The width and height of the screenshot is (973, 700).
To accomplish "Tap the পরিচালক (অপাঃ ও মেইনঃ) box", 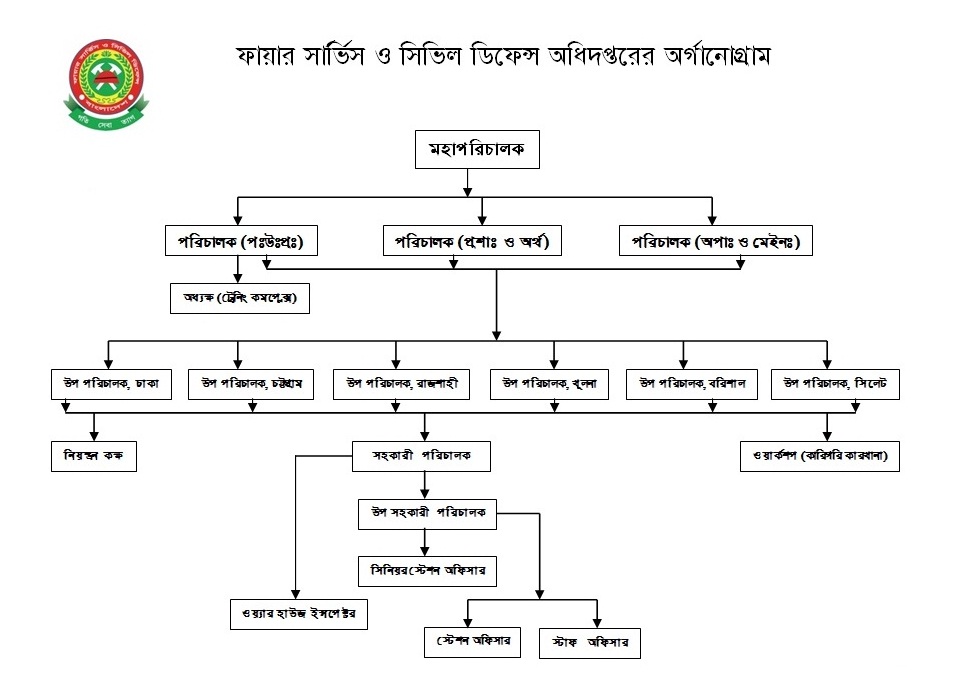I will [716, 241].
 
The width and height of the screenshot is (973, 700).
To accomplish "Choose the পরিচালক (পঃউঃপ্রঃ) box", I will [240, 241].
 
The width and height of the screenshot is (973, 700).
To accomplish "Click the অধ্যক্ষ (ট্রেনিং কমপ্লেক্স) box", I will [240, 298].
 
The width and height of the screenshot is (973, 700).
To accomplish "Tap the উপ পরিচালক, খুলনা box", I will [550, 382].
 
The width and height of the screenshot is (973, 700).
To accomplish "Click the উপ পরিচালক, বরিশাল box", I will [693, 382].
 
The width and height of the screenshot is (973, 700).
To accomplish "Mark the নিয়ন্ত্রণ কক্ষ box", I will [94, 457].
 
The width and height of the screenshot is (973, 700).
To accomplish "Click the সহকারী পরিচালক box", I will [424, 456].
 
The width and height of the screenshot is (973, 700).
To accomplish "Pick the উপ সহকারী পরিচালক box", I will [427, 513].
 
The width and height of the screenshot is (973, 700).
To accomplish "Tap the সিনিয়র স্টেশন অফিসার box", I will [427, 571].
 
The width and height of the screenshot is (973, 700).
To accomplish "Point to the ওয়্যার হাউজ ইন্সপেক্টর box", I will [298, 612].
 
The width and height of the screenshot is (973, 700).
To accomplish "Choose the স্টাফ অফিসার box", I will [590, 643].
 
